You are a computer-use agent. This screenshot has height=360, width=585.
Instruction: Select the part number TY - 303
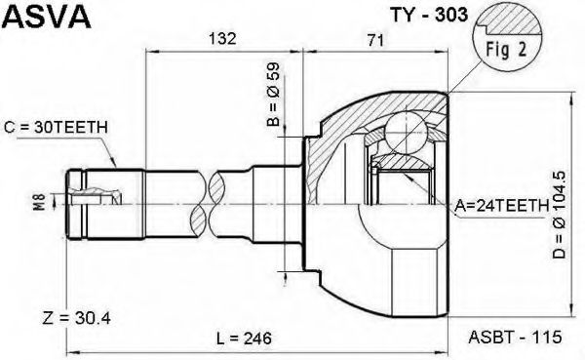(428, 15)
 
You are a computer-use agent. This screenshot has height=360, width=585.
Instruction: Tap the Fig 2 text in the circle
(506, 50)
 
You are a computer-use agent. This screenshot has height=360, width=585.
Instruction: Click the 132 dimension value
(222, 38)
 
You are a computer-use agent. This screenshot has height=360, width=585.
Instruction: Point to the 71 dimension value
(375, 40)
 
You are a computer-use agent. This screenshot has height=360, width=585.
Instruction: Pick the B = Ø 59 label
(273, 94)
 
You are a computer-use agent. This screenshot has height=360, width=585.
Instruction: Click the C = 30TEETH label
(56, 128)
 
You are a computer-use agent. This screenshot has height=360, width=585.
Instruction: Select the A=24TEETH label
(502, 206)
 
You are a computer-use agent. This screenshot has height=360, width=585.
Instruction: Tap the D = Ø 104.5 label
(559, 215)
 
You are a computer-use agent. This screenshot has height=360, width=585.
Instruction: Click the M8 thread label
(40, 202)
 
